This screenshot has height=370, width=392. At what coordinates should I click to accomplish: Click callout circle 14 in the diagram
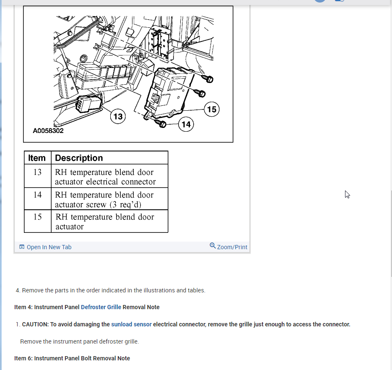(x=186, y=125)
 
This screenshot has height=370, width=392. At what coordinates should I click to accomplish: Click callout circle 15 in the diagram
(x=212, y=109)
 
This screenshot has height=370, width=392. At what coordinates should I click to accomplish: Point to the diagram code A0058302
(x=48, y=131)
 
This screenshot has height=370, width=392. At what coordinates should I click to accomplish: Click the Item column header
(x=37, y=158)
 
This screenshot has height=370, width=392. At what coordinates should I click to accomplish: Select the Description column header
(x=79, y=158)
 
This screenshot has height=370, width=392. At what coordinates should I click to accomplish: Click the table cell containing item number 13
(x=37, y=172)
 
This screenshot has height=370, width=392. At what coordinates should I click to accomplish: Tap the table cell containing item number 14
(x=37, y=195)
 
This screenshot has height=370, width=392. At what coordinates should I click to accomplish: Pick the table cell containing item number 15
(x=37, y=217)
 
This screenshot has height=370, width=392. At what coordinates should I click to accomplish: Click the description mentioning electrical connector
(x=105, y=177)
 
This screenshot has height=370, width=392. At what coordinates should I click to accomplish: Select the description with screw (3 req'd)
(x=104, y=200)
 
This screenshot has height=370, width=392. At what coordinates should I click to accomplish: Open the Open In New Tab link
(x=49, y=247)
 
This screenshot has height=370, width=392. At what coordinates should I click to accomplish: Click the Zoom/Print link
(x=232, y=247)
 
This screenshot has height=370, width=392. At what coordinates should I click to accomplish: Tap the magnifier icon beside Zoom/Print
(x=213, y=245)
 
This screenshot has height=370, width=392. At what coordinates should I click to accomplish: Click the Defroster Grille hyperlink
(x=101, y=307)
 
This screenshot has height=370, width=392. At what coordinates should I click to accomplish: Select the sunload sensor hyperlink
(x=131, y=324)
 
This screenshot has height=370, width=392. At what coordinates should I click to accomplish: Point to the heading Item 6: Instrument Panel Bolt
(x=72, y=358)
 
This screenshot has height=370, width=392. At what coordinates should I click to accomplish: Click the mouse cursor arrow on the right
(x=347, y=194)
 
